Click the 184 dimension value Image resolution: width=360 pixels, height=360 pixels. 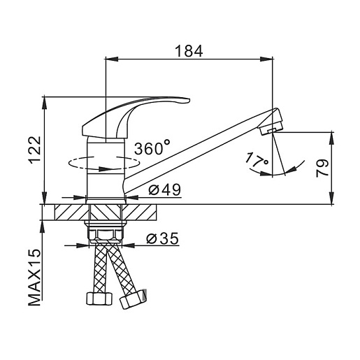[x=189, y=51]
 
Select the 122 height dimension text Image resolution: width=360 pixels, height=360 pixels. [x=35, y=150]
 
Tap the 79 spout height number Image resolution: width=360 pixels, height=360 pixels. [x=322, y=168]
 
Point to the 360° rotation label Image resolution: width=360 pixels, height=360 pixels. [x=152, y=147]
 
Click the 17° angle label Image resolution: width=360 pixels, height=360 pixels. [x=257, y=160]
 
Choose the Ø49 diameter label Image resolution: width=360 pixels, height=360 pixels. [x=165, y=189]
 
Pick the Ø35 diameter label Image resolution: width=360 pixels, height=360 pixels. [x=162, y=238]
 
